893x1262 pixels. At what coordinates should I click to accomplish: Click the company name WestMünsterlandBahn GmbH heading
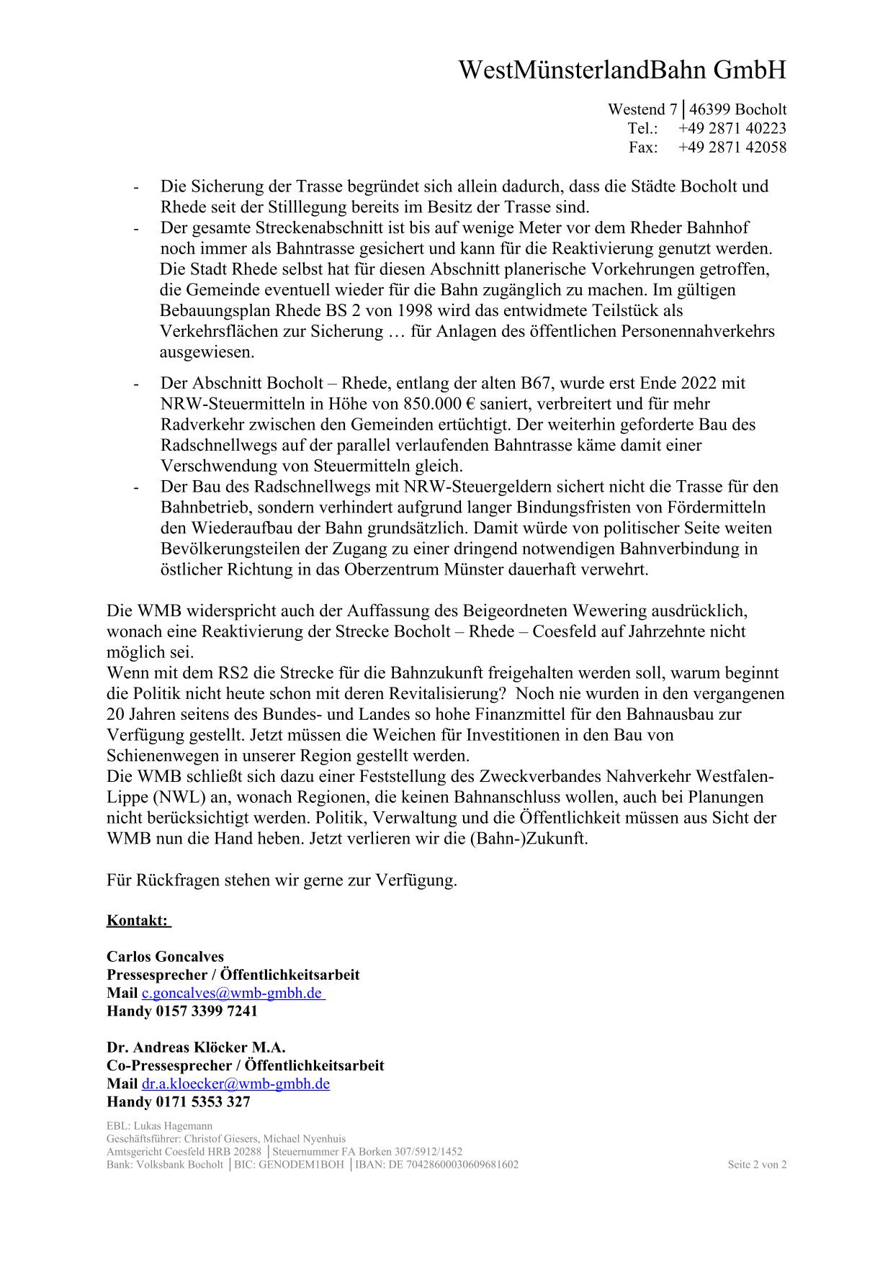[622, 71]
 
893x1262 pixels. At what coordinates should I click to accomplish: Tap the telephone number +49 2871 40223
[732, 128]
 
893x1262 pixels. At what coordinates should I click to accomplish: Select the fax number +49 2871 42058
[732, 147]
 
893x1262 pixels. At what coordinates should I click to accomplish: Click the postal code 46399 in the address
[709, 109]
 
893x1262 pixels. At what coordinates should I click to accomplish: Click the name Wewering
[609, 611]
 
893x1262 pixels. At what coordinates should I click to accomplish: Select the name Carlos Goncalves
[165, 957]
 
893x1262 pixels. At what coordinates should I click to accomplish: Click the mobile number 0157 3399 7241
[206, 1011]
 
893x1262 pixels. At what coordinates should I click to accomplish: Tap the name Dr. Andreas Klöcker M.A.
[196, 1047]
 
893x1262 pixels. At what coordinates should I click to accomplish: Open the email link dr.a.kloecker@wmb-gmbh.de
[235, 1084]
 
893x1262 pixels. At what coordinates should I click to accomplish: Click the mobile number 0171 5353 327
[202, 1102]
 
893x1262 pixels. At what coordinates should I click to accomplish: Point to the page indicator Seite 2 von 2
[757, 1165]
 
